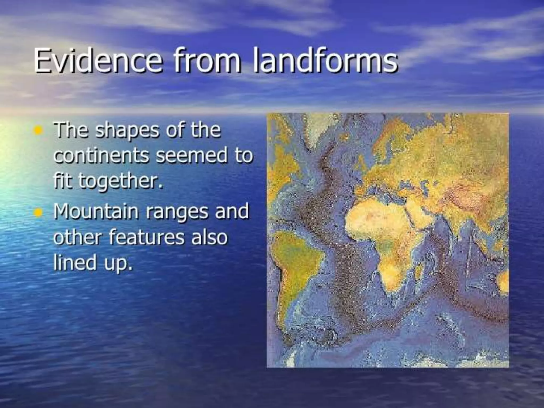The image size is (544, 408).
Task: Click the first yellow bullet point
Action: (39, 130)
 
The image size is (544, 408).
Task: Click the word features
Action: (146, 237)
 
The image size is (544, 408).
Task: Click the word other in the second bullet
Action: (78, 237)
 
